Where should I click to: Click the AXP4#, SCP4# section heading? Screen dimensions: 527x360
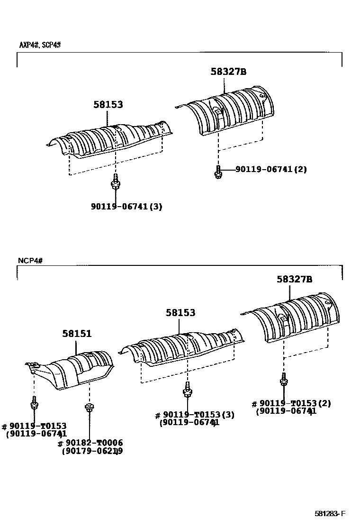[x=40, y=45]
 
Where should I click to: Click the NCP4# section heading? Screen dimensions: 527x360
[x=30, y=260]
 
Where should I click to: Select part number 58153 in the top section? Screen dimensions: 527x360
[x=108, y=104]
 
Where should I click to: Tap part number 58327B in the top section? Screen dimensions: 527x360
[x=229, y=72]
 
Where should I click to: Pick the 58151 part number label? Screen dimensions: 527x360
[x=77, y=334]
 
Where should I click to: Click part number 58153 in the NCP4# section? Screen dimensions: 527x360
[x=180, y=313]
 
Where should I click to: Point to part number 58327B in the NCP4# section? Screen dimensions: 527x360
[x=295, y=280]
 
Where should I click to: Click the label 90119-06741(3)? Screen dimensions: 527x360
[x=126, y=207]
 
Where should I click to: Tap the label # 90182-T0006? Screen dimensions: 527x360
[x=90, y=443]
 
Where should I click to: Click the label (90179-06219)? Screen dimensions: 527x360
[x=92, y=451]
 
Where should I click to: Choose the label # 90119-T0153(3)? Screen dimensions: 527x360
[x=195, y=415]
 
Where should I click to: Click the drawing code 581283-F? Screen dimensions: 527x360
[x=331, y=514]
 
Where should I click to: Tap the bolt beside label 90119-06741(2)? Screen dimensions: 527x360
[x=218, y=172]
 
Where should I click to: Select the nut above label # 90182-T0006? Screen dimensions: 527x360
[x=89, y=407]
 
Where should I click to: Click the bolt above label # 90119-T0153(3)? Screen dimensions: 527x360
[x=188, y=390]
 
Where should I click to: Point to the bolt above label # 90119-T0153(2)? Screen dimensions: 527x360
[x=284, y=380]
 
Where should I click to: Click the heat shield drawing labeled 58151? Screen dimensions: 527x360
[x=71, y=370]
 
